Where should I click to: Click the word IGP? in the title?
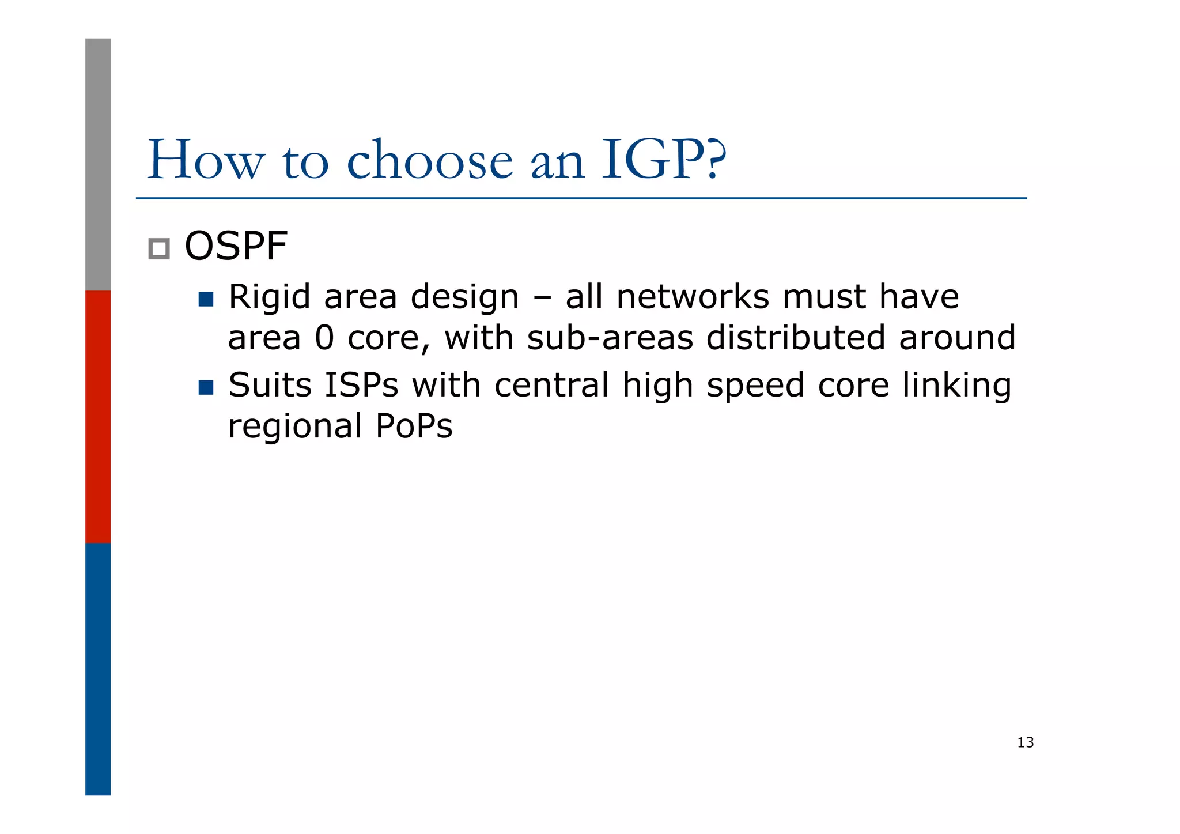pos(663,160)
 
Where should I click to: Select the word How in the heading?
pos(206,160)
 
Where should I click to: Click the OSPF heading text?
pos(236,246)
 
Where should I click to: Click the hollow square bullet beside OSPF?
pos(159,249)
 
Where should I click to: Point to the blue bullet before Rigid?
pos(206,299)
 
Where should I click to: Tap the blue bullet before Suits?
pos(206,387)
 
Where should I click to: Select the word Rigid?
pos(269,298)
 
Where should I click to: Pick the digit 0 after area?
pos(324,338)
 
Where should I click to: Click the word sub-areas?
pos(610,338)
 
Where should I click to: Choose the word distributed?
pos(796,338)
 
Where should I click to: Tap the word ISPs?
pos(361,385)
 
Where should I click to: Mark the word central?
pos(551,385)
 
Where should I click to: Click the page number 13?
pos(1025,742)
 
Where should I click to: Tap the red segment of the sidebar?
pos(98,416)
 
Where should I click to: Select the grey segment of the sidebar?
pos(98,164)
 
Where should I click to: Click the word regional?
pos(294,427)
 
